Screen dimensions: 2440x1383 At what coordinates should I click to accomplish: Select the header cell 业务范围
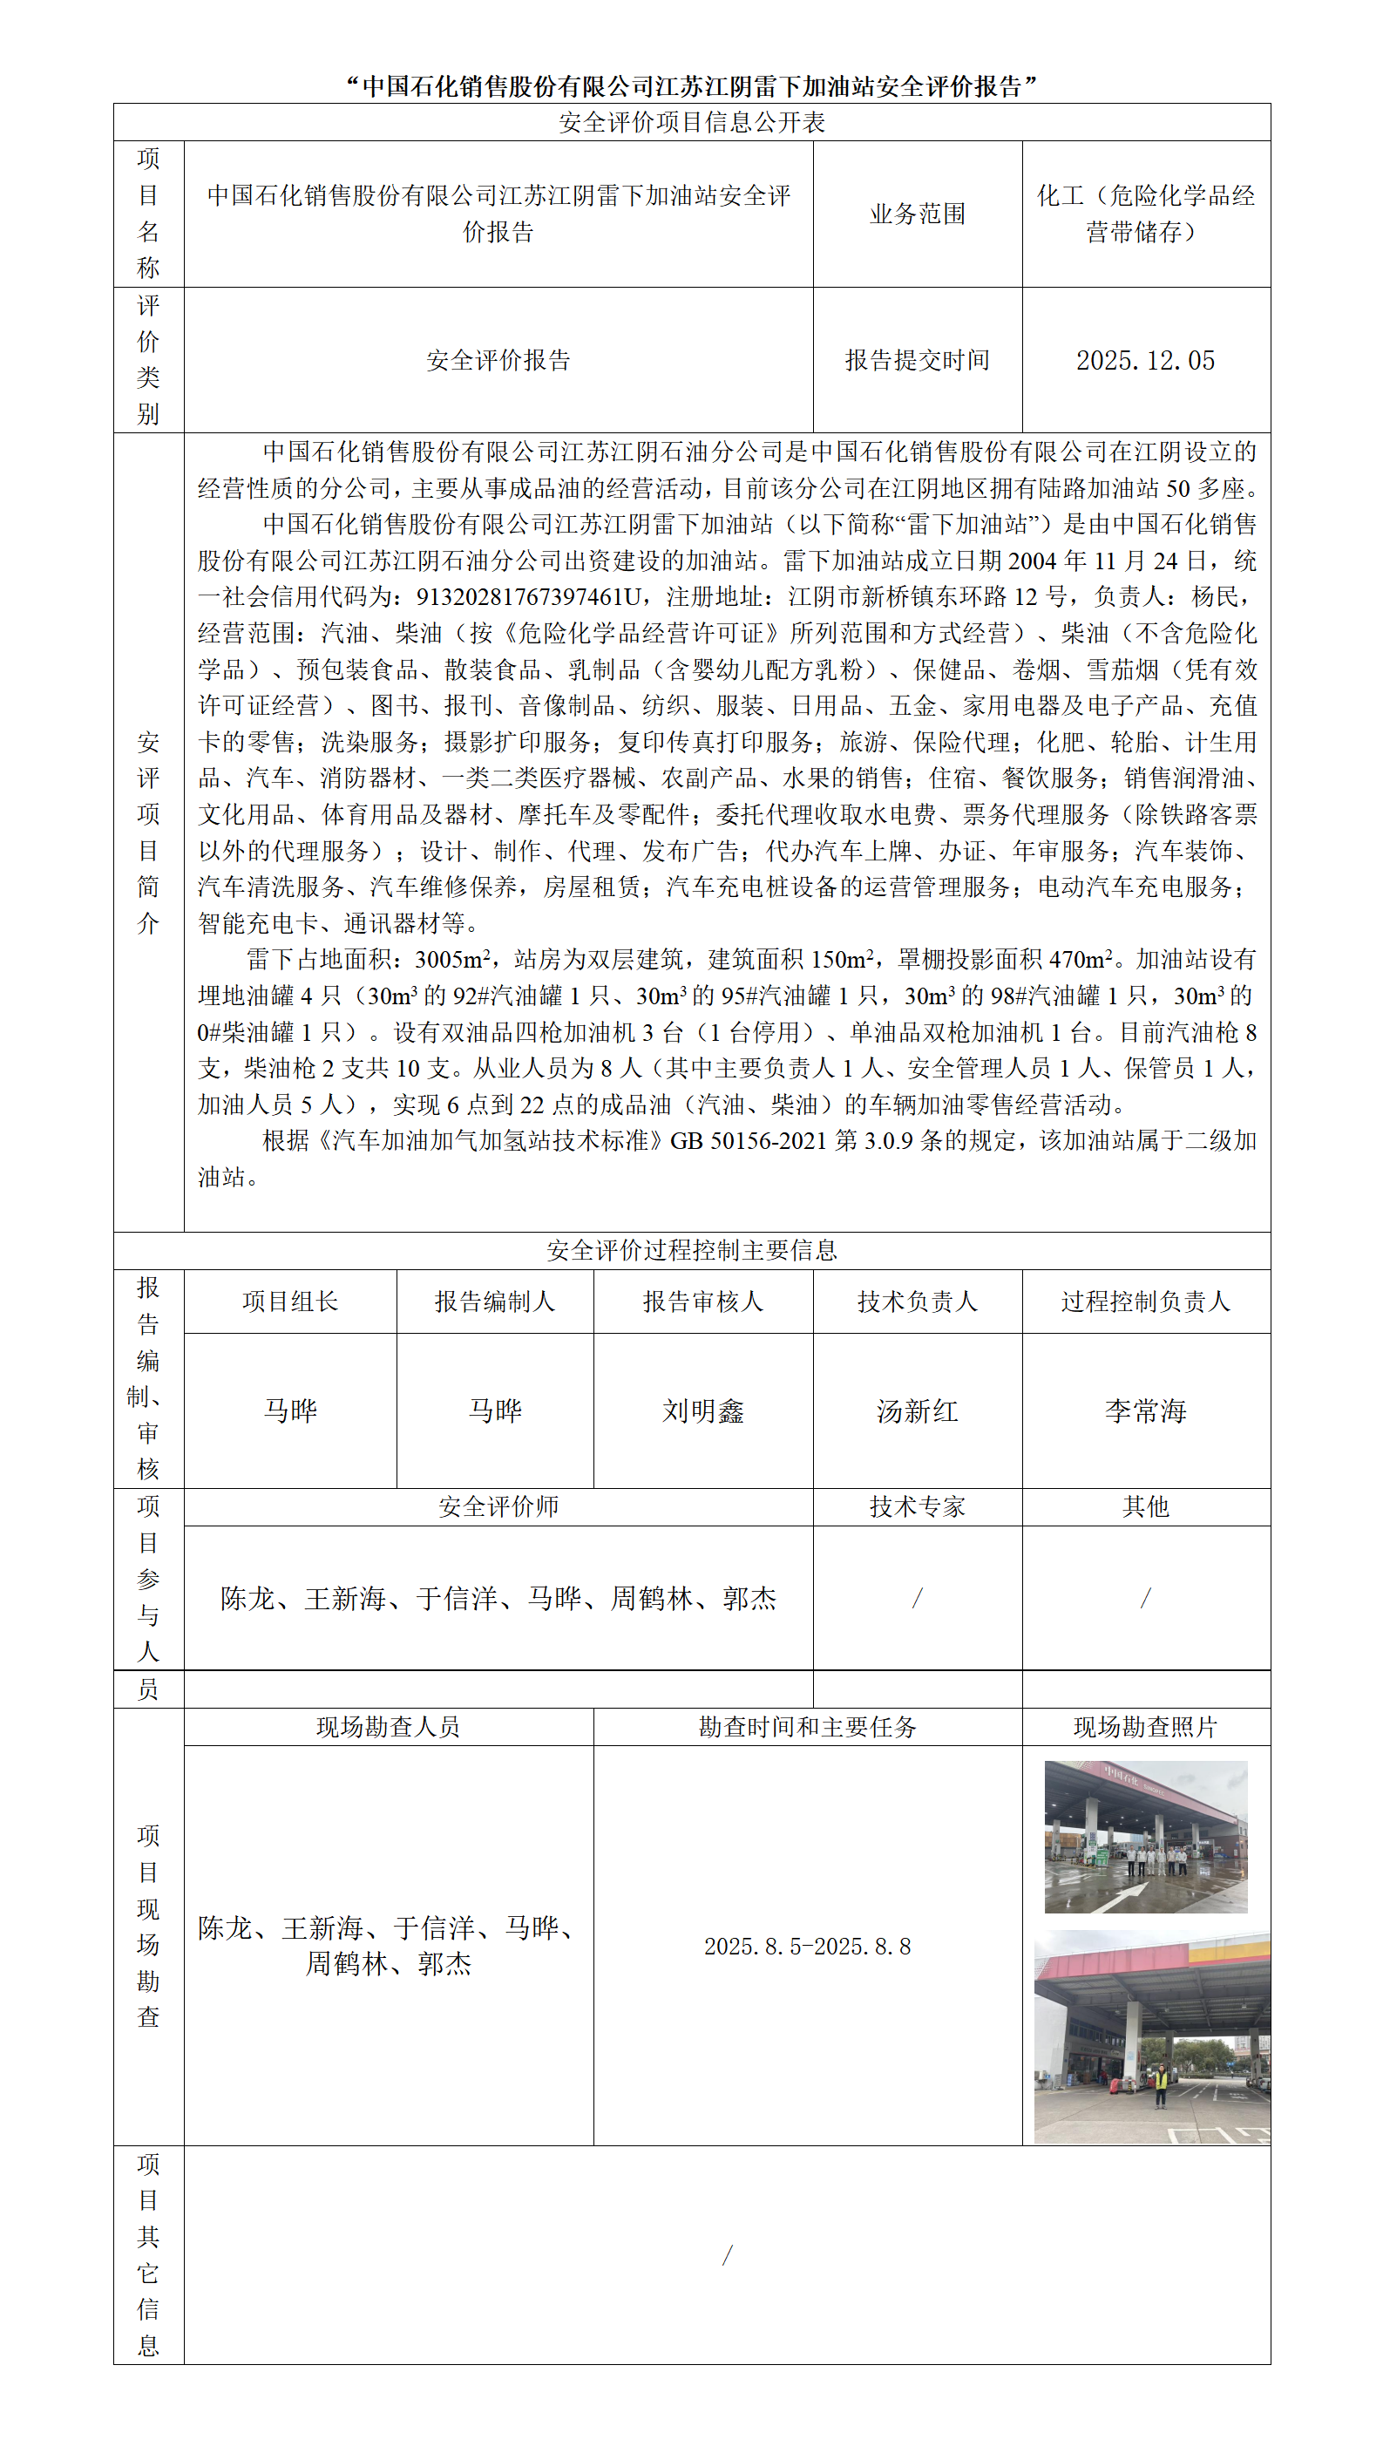tap(917, 214)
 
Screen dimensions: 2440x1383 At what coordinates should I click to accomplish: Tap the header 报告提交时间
tap(917, 360)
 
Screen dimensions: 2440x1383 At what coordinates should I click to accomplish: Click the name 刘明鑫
tap(703, 1410)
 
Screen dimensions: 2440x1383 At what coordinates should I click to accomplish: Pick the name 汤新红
tap(917, 1410)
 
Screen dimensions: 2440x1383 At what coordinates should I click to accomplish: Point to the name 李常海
tap(1146, 1410)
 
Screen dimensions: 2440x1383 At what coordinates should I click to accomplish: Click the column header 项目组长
tap(289, 1301)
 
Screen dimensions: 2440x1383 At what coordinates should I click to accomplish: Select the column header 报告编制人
tap(495, 1301)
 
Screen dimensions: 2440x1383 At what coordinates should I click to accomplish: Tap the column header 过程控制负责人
tap(1146, 1301)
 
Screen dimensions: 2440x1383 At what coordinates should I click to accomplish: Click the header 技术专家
tap(917, 1506)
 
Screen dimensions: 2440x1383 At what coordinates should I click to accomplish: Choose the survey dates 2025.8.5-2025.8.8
tap(806, 1946)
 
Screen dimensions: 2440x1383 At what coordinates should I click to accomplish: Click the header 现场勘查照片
tap(1146, 1726)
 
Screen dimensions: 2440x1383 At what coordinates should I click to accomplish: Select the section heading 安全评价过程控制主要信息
tap(692, 1250)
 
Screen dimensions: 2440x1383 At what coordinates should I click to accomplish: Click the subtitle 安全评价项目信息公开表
tap(692, 123)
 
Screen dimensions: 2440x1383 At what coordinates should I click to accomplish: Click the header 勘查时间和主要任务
tap(806, 1726)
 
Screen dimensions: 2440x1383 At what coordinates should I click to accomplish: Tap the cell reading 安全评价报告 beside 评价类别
tap(498, 360)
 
